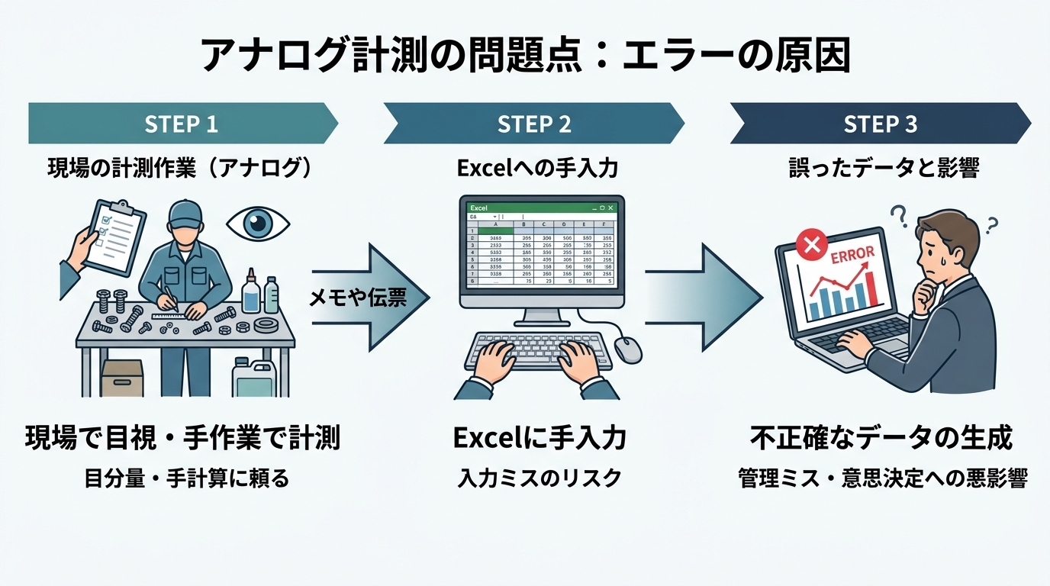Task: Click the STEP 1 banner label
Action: point(182,124)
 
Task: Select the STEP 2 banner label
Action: point(534,124)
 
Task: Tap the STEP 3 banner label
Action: point(880,124)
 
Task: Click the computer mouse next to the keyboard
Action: point(627,349)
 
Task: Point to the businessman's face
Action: point(937,253)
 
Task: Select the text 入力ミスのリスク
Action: point(539,478)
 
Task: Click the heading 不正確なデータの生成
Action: point(881,439)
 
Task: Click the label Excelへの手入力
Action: point(536,169)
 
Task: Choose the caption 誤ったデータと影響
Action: point(883,169)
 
